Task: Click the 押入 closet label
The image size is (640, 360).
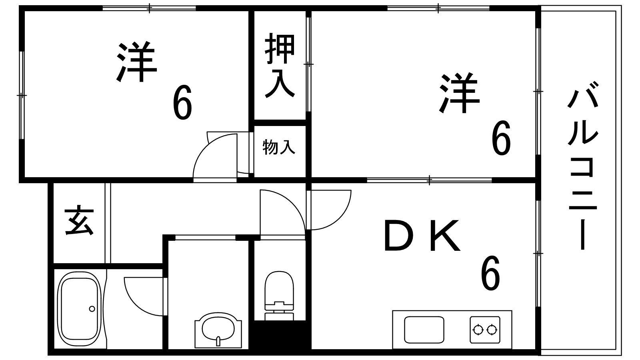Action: [280, 66]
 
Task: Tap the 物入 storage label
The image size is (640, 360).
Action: [278, 148]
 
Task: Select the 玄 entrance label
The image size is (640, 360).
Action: [80, 220]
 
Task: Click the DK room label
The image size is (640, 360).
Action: [422, 235]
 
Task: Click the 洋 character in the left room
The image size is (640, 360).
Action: [136, 62]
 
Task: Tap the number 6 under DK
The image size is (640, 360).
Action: [490, 272]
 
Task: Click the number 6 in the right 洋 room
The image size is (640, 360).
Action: [501, 138]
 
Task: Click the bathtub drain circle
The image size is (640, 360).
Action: [92, 309]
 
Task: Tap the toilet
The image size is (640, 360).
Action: [279, 296]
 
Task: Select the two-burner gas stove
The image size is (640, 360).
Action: [485, 330]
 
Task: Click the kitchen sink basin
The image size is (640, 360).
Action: [424, 330]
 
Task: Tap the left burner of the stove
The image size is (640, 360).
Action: [478, 330]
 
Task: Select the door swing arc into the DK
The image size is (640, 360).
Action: [328, 210]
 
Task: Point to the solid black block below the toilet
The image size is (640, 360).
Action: [280, 335]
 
